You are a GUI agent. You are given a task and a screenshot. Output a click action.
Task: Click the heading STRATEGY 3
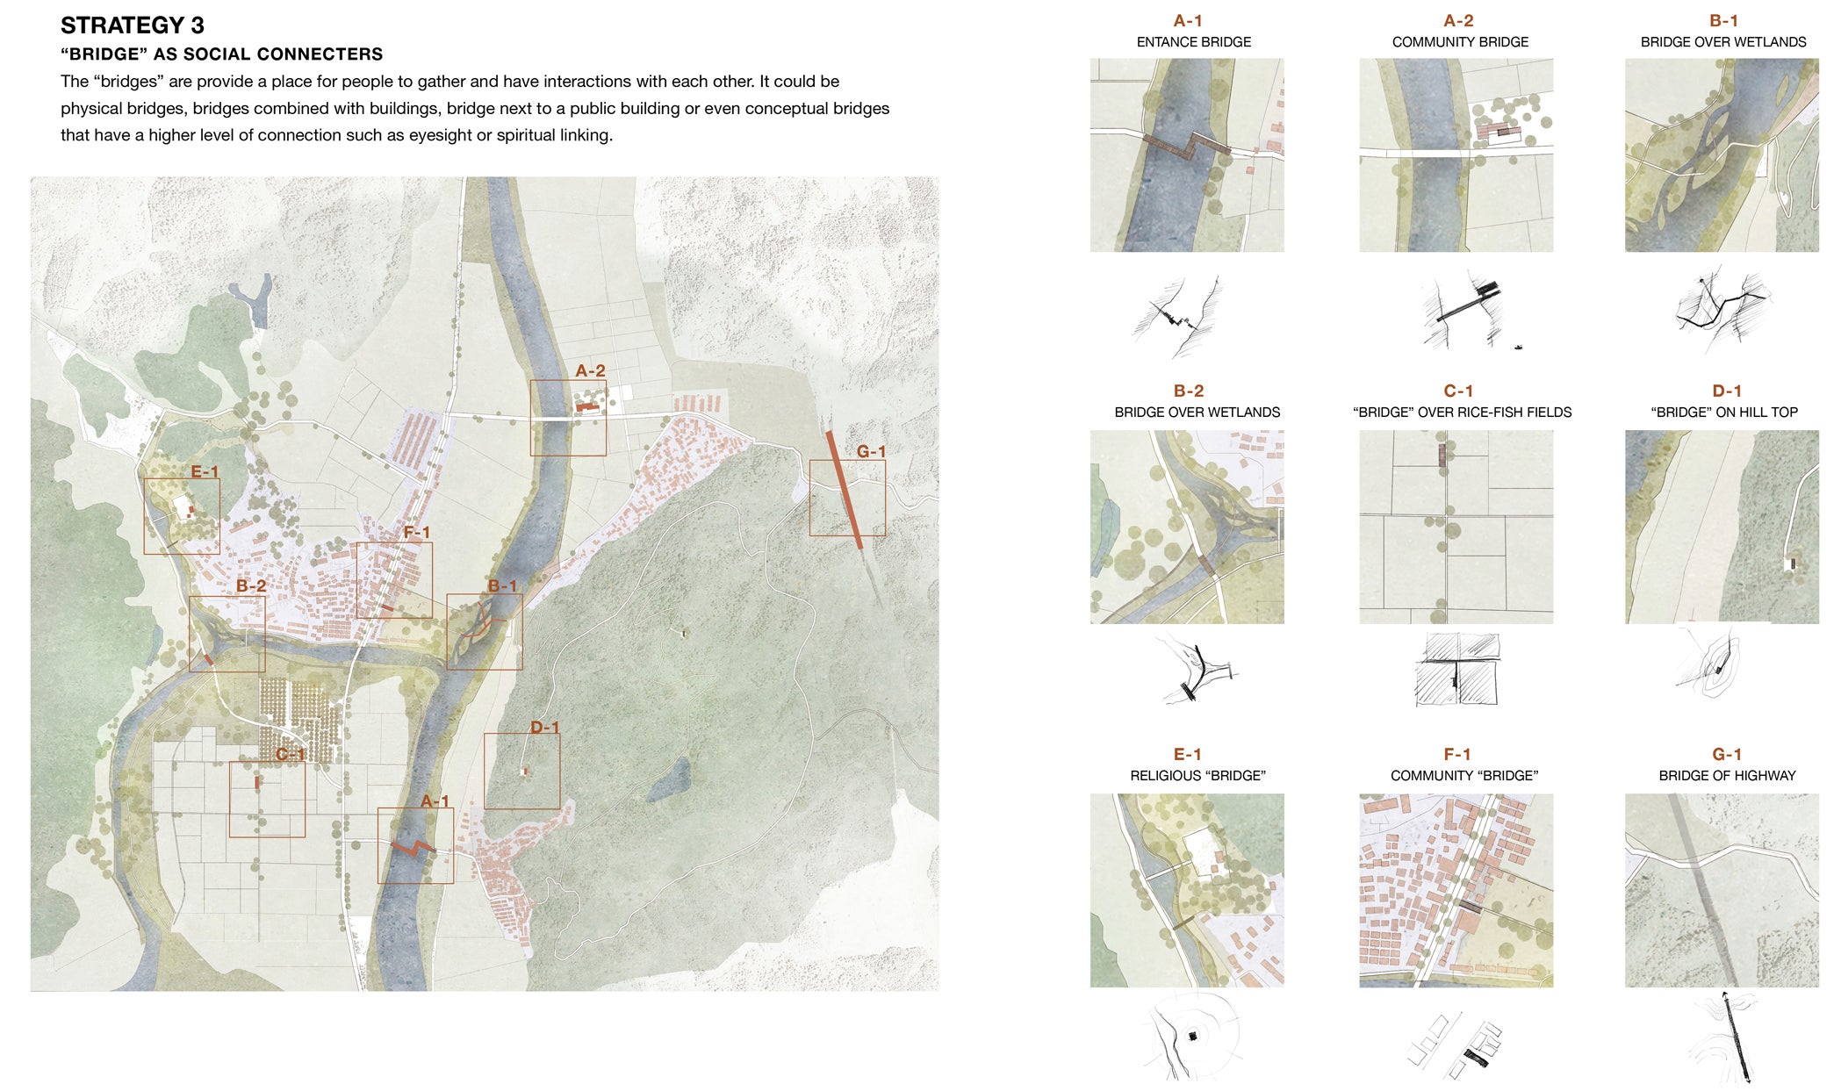tap(133, 25)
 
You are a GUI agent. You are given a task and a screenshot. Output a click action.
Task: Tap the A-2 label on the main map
tap(590, 371)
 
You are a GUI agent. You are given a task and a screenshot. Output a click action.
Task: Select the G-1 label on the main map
tap(871, 451)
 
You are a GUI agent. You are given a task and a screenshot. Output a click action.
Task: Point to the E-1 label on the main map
tap(205, 471)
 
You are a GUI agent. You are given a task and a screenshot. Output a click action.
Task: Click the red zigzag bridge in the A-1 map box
tap(413, 847)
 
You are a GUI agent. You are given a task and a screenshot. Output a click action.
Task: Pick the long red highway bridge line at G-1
tap(845, 490)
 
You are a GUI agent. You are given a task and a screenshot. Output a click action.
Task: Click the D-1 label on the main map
tap(544, 727)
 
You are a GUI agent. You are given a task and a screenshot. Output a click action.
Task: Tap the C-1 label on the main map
tap(290, 754)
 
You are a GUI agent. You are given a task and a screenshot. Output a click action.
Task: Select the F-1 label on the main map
tap(417, 532)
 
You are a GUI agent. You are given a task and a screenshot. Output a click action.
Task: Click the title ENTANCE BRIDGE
tap(1194, 42)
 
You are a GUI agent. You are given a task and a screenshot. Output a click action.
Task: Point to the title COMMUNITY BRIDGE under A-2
tap(1460, 42)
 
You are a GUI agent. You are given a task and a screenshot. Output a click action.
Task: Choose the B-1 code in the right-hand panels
tap(1723, 21)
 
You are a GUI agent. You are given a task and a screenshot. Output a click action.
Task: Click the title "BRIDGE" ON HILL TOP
tap(1724, 413)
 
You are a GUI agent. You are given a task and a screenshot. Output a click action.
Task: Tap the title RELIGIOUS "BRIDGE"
tap(1197, 776)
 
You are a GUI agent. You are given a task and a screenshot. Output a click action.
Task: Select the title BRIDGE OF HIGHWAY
tap(1727, 776)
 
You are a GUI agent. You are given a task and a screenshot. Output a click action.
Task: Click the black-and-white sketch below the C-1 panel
tap(1457, 670)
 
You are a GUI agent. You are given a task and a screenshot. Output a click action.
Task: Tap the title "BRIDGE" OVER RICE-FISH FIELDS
tap(1462, 413)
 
